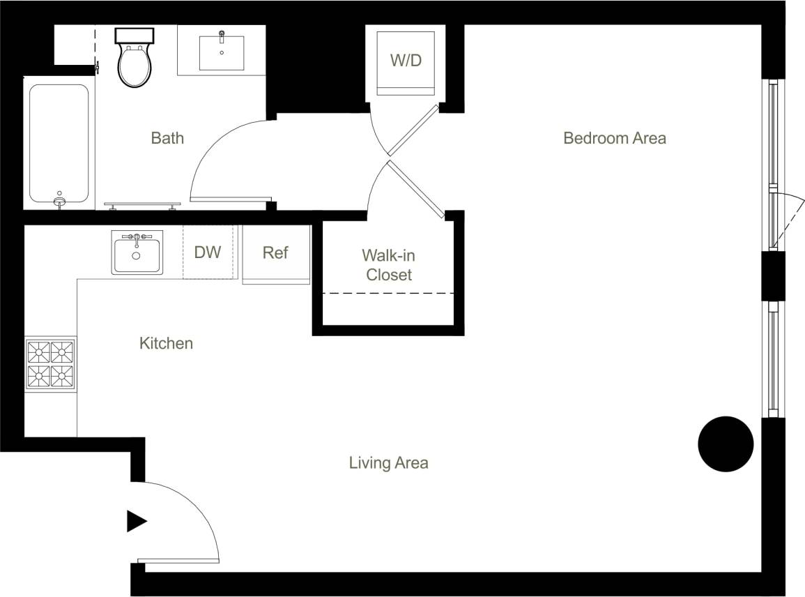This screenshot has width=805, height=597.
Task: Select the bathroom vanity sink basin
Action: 222,53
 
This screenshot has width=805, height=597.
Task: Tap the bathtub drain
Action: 60,202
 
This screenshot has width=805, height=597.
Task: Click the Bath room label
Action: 168,138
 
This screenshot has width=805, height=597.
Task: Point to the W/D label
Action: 406,60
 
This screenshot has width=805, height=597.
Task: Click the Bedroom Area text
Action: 614,138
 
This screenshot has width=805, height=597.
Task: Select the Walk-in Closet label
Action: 389,265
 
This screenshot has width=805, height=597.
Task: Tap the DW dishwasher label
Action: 208,252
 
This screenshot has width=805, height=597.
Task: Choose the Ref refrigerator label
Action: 275,252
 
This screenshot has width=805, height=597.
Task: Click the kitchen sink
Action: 137,254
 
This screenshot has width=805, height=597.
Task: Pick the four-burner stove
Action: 50,363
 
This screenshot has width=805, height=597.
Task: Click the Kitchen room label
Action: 166,343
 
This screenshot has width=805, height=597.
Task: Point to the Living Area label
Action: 388,462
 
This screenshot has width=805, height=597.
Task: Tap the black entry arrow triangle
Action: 136,521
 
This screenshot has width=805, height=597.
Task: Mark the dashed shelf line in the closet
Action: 388,294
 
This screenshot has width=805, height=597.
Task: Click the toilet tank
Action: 135,36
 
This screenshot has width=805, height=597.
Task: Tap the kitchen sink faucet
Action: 137,238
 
